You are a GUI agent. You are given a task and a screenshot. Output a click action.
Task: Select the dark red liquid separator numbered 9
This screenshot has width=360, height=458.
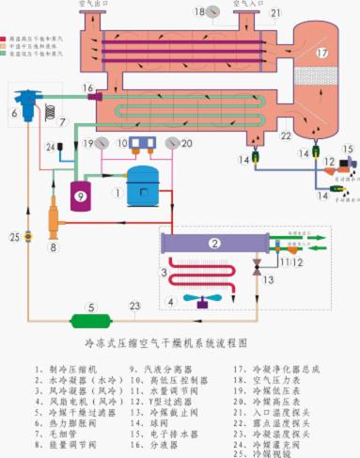point(80,197)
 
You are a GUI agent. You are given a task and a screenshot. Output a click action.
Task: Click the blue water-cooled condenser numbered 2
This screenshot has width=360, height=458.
point(215,244)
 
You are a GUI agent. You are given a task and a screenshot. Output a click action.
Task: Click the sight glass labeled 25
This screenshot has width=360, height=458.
point(29,235)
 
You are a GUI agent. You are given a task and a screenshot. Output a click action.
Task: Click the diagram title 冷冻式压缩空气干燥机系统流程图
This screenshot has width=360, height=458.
point(178,344)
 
